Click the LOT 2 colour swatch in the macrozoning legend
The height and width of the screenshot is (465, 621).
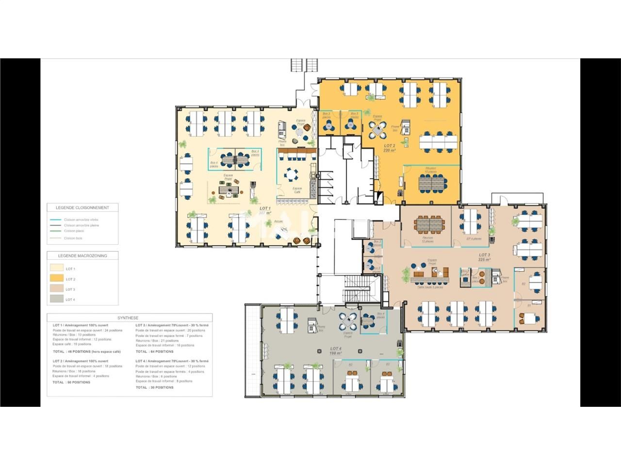point(57,279)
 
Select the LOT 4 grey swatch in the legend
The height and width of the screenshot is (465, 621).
point(57,299)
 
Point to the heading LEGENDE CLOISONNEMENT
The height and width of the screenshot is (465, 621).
point(82,208)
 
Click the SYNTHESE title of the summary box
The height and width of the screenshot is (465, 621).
point(128,318)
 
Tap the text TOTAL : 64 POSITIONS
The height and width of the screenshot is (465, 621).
point(154,352)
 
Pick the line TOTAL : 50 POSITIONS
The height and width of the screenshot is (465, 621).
point(71,382)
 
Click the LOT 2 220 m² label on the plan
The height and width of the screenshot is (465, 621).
point(390,148)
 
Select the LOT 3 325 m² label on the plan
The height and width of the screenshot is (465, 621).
point(484,257)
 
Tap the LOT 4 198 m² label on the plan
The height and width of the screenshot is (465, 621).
point(336,351)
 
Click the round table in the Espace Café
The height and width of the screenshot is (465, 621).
point(292,173)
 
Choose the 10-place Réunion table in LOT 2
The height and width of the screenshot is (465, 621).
point(431,182)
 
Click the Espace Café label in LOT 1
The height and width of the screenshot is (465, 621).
point(297,190)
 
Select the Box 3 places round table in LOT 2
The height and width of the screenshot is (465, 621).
point(329,126)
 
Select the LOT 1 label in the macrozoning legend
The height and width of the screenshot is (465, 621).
point(70,269)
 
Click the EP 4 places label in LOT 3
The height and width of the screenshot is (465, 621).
point(474,239)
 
